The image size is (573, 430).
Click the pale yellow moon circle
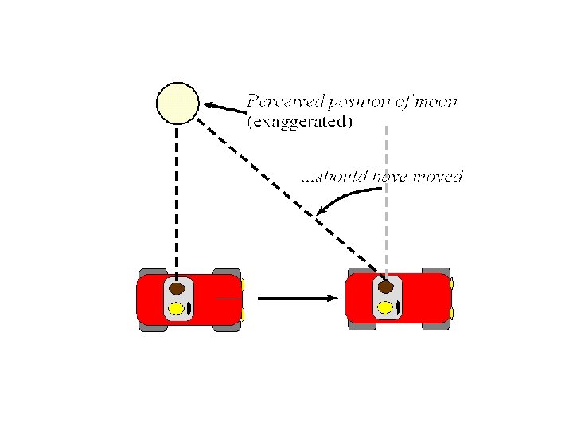pos(177,104)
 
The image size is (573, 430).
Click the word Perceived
pos(280,102)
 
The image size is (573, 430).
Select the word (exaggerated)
pos(300,122)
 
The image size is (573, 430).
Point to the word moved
pos(437,176)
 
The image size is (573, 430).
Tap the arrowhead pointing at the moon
pos(208,104)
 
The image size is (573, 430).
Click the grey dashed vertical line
pos(386,199)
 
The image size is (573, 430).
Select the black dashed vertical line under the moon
pos(177,199)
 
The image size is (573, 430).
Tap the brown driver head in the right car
pos(386,286)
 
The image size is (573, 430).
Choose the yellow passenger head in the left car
pos(177,307)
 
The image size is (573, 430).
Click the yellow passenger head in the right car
pos(385,307)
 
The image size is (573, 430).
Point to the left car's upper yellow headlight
pos(243,284)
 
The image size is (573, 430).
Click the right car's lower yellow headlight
pos(451,313)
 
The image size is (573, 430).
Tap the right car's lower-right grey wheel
pos(435,326)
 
